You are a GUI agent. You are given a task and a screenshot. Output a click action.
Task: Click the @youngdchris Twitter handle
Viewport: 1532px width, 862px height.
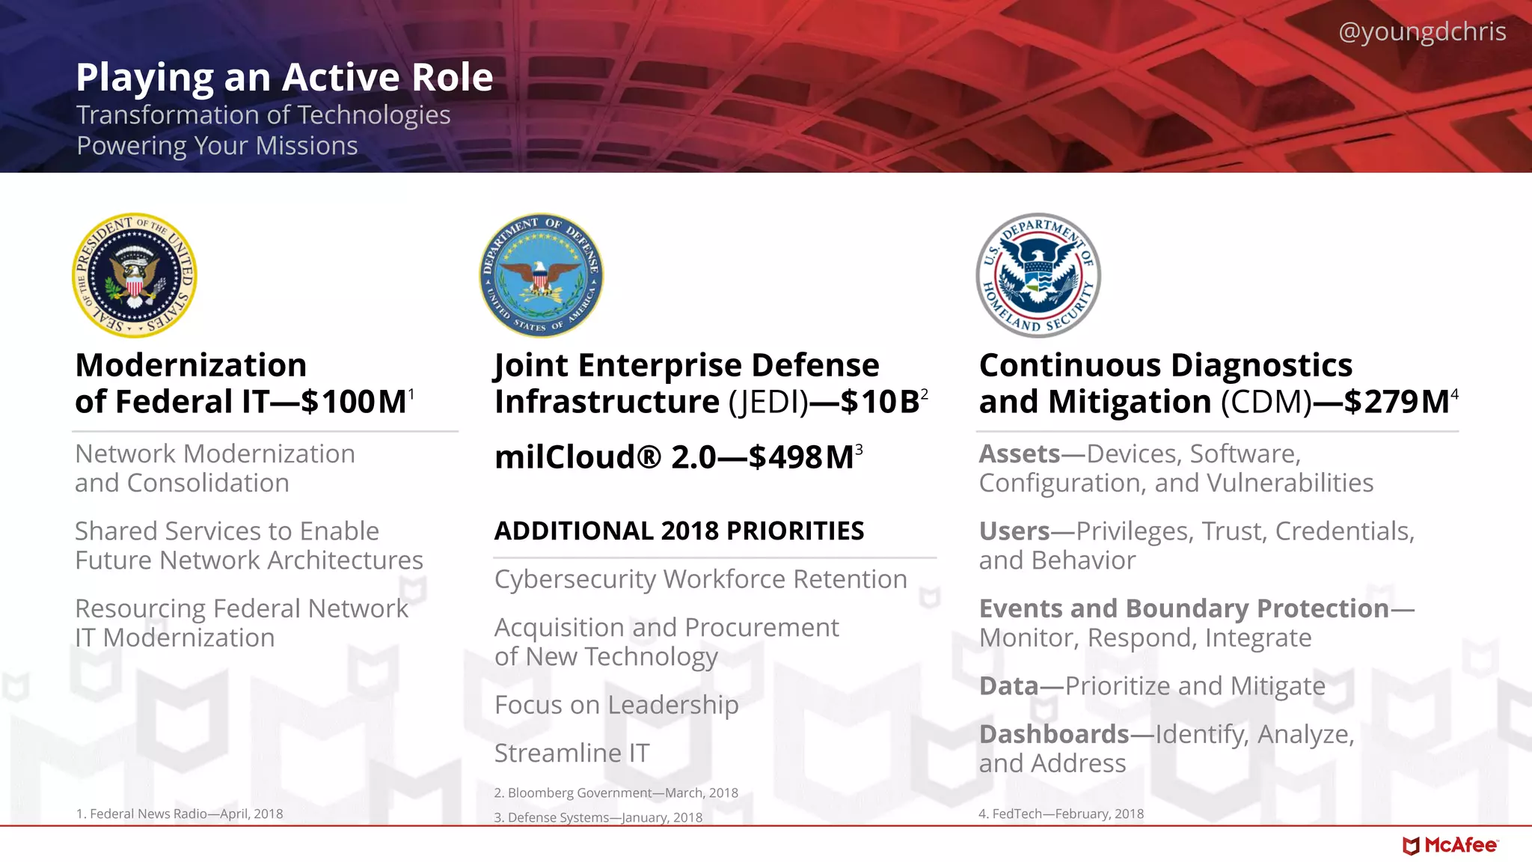(x=1421, y=31)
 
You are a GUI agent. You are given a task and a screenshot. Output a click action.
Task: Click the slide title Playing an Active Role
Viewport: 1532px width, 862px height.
(x=284, y=77)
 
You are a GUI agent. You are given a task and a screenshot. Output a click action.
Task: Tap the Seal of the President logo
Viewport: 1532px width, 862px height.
(x=135, y=275)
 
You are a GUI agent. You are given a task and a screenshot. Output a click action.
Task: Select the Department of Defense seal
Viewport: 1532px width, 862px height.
(x=541, y=275)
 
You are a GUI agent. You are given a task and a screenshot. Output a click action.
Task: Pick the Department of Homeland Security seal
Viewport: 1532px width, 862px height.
(x=1038, y=275)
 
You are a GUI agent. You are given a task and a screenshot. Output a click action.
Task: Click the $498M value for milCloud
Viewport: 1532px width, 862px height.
(x=800, y=457)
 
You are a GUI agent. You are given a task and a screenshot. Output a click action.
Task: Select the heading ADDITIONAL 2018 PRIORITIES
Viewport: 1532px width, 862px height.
(x=678, y=531)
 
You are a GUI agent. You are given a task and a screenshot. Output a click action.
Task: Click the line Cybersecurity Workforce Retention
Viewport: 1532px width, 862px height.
(x=700, y=579)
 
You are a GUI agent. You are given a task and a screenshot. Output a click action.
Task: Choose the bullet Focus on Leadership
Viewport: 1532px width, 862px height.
(x=616, y=705)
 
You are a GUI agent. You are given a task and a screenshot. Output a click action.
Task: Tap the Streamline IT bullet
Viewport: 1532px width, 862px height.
(x=572, y=753)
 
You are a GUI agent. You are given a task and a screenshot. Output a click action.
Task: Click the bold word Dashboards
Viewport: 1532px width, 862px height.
(x=1053, y=734)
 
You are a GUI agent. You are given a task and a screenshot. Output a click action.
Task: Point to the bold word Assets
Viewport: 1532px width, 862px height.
(x=1019, y=453)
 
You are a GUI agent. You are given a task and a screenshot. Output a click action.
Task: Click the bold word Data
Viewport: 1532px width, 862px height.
(x=1008, y=686)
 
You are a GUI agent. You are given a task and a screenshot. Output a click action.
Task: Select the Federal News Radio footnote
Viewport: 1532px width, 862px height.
(x=180, y=814)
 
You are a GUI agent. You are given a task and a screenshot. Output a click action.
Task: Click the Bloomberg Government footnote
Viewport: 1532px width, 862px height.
(x=616, y=793)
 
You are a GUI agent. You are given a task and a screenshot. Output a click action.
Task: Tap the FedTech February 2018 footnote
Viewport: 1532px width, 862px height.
(x=1061, y=814)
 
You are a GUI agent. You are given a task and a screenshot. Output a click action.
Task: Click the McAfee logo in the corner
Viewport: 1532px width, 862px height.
(x=1450, y=846)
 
